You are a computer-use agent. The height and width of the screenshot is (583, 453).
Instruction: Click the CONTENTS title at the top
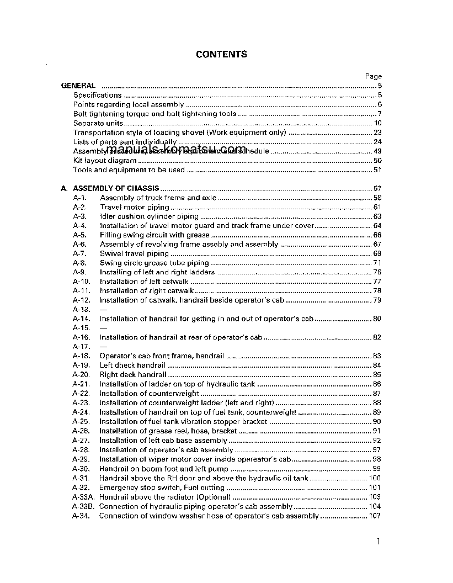coord(221,54)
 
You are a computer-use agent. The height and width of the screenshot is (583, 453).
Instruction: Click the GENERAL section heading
coord(78,86)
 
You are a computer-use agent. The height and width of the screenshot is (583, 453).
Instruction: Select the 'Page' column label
coord(373,76)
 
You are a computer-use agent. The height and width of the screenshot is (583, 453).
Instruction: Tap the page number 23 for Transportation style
coord(378,132)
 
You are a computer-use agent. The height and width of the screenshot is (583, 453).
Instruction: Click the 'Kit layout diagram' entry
coord(105,161)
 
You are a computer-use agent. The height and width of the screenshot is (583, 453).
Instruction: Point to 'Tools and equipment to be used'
coord(129,170)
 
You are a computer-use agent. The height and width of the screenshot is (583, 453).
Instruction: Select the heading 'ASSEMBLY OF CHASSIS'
coord(116,188)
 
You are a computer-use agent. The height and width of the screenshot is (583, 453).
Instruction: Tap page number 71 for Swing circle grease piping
coord(377,263)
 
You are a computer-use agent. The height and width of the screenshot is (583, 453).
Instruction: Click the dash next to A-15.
coord(103,328)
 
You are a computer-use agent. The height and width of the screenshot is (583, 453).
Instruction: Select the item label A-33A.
coord(83,497)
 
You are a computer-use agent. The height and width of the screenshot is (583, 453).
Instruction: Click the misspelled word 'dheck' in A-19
coord(125,365)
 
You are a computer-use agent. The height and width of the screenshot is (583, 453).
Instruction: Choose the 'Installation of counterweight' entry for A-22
coord(149,394)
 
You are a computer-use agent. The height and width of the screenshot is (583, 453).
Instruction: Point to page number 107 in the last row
coord(375,516)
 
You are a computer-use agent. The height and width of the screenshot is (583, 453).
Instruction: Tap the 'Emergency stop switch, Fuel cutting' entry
coord(162,487)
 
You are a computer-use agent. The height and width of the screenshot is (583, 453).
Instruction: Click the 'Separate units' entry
coord(98,123)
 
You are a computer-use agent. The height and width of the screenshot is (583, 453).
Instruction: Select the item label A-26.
coord(81,431)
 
